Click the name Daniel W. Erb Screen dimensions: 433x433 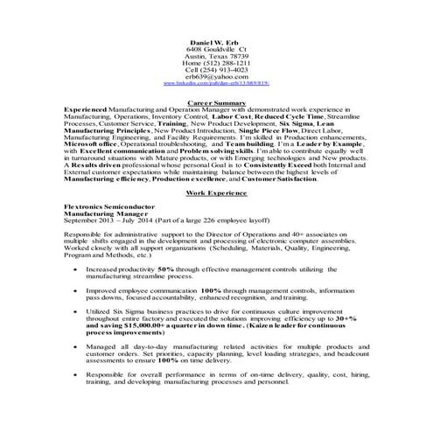pyautogui.click(x=215, y=44)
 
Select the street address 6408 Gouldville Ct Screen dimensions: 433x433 pyautogui.click(x=215, y=51)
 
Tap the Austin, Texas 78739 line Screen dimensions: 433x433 pyautogui.click(x=215, y=58)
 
